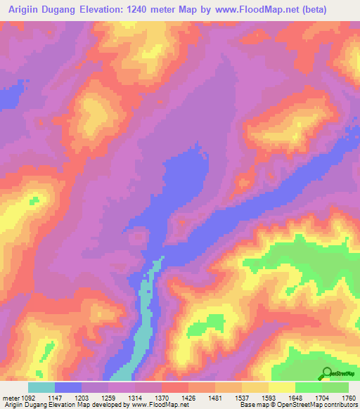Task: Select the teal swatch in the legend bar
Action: click(x=41, y=387)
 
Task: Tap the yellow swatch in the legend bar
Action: click(x=281, y=387)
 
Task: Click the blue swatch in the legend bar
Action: click(x=68, y=387)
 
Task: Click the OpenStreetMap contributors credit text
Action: click(x=314, y=405)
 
